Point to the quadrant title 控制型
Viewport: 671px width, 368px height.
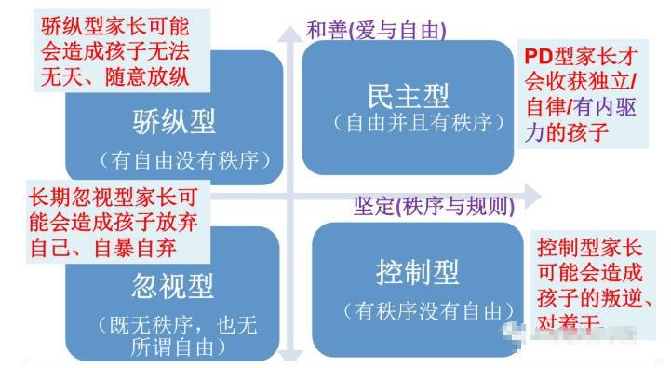[418, 274]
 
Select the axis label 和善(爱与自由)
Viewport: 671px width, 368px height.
[376, 29]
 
